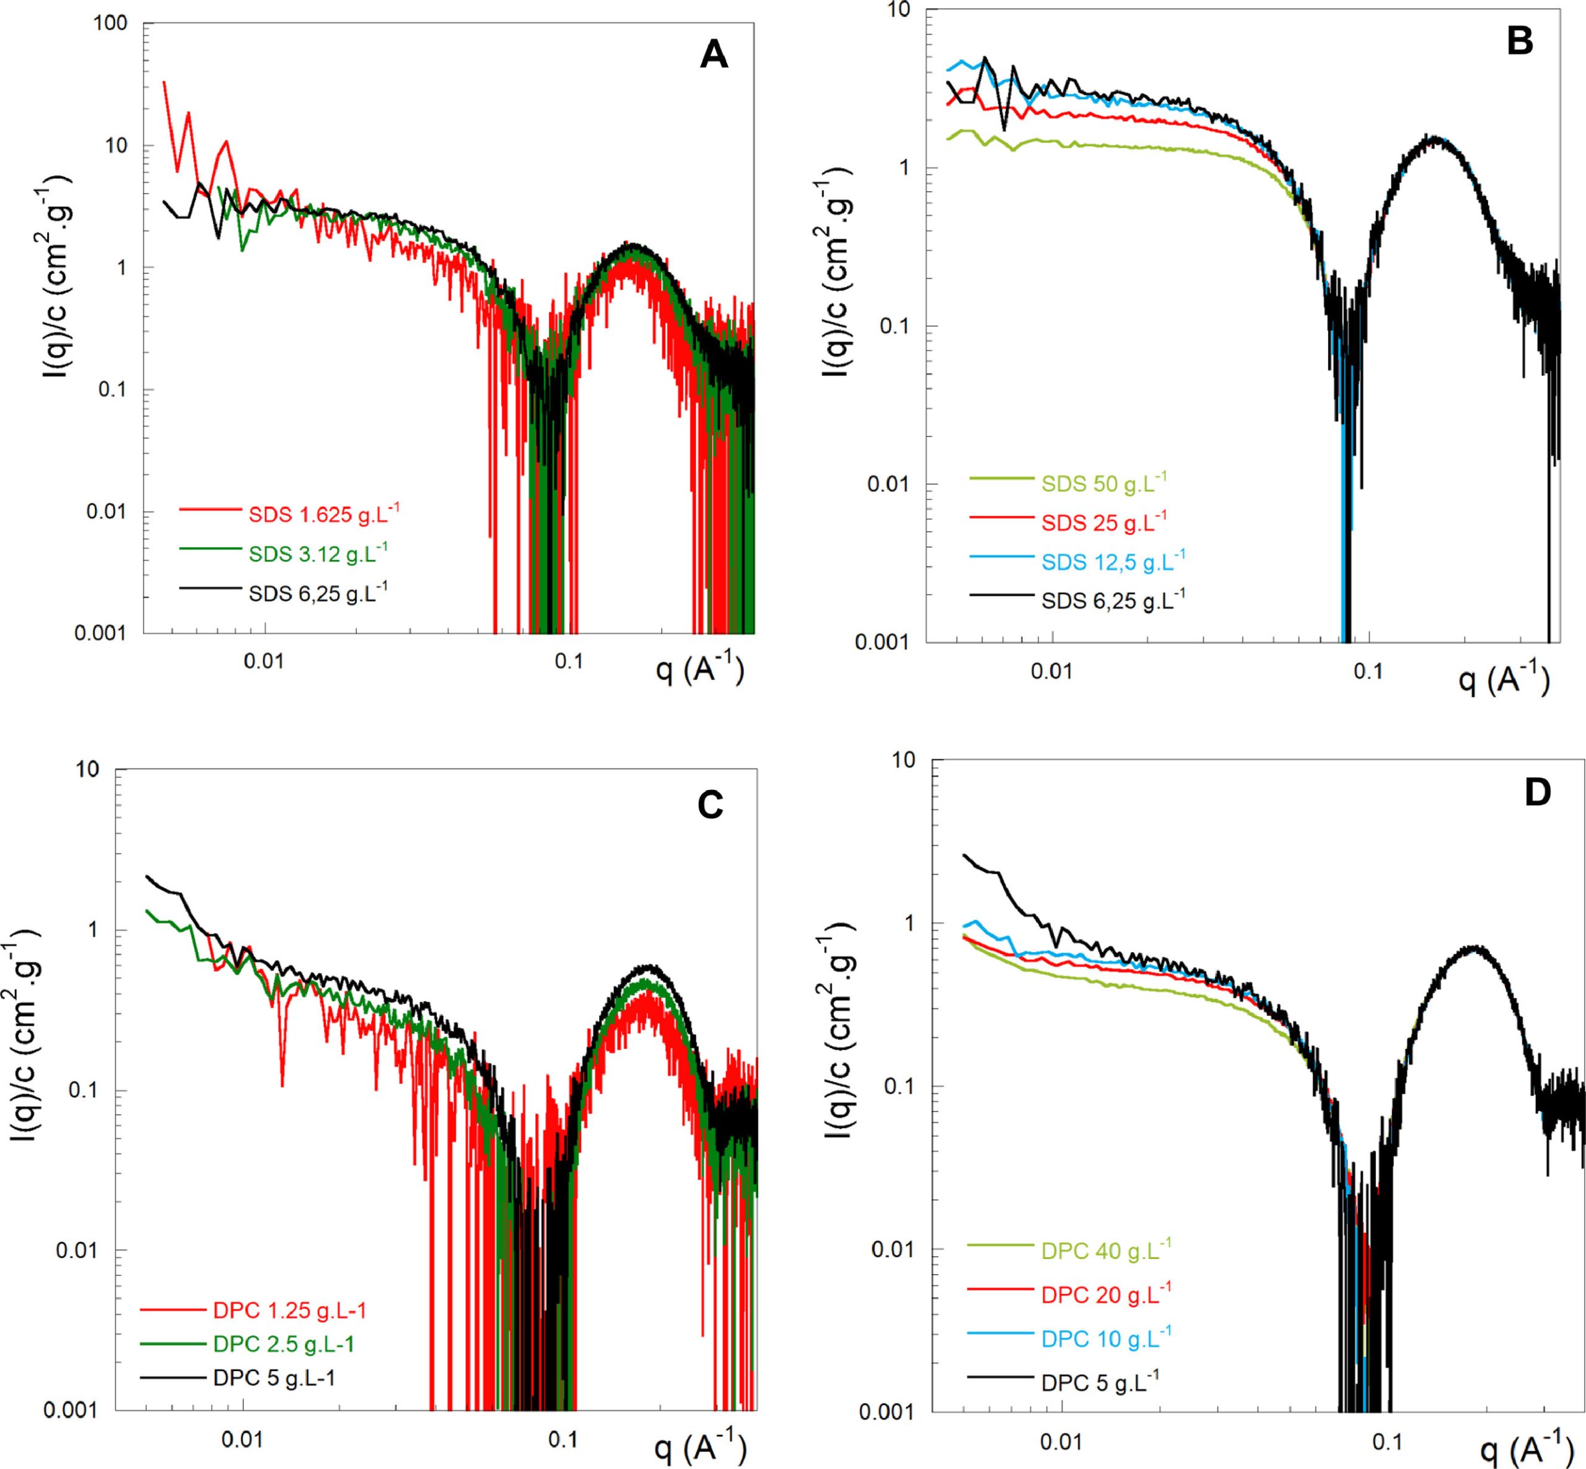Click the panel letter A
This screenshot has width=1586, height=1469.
714,56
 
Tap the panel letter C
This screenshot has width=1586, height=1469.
709,805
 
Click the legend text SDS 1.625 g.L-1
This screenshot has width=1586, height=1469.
323,514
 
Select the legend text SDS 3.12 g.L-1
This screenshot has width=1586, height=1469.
317,553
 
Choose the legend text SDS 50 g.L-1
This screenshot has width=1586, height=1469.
1104,483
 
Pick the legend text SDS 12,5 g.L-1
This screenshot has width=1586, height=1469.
1112,561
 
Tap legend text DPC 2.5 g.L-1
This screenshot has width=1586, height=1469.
283,1344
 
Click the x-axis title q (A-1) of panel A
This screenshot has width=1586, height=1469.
700,671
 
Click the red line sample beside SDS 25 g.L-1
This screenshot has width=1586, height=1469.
1001,518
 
